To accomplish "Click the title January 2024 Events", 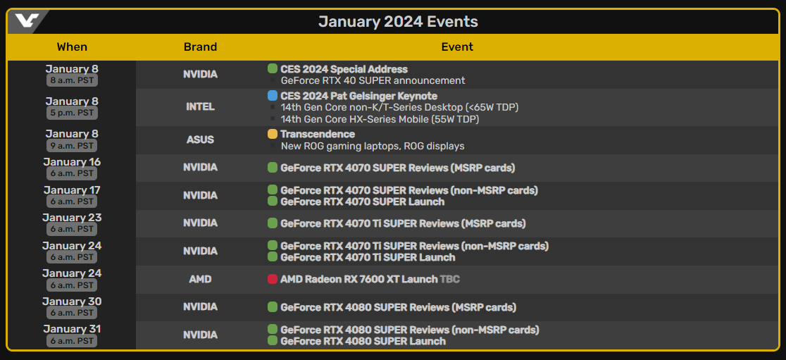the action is click(x=398, y=22).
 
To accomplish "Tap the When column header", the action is click(x=72, y=47).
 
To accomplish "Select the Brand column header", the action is click(x=201, y=47).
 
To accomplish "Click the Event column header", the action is click(x=457, y=47).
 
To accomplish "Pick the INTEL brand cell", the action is click(x=201, y=107).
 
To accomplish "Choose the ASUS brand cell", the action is click(x=201, y=140).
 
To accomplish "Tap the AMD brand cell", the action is click(x=201, y=279).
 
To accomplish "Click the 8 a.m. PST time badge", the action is click(x=72, y=80).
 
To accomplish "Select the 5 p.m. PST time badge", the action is click(x=72, y=113).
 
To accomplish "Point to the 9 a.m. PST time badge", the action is click(x=72, y=146).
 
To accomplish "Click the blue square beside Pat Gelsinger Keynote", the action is click(x=273, y=96).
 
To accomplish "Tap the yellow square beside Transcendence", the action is click(x=273, y=134).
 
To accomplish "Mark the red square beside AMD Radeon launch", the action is click(x=273, y=279).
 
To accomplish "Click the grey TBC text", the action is click(x=449, y=279).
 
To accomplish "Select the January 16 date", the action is click(x=72, y=162).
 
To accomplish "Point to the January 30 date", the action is click(x=72, y=302).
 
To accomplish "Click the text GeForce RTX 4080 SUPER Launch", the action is click(x=363, y=342).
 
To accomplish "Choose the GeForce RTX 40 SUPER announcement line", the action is click(x=373, y=80).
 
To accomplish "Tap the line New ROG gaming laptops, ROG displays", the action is click(x=373, y=146).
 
